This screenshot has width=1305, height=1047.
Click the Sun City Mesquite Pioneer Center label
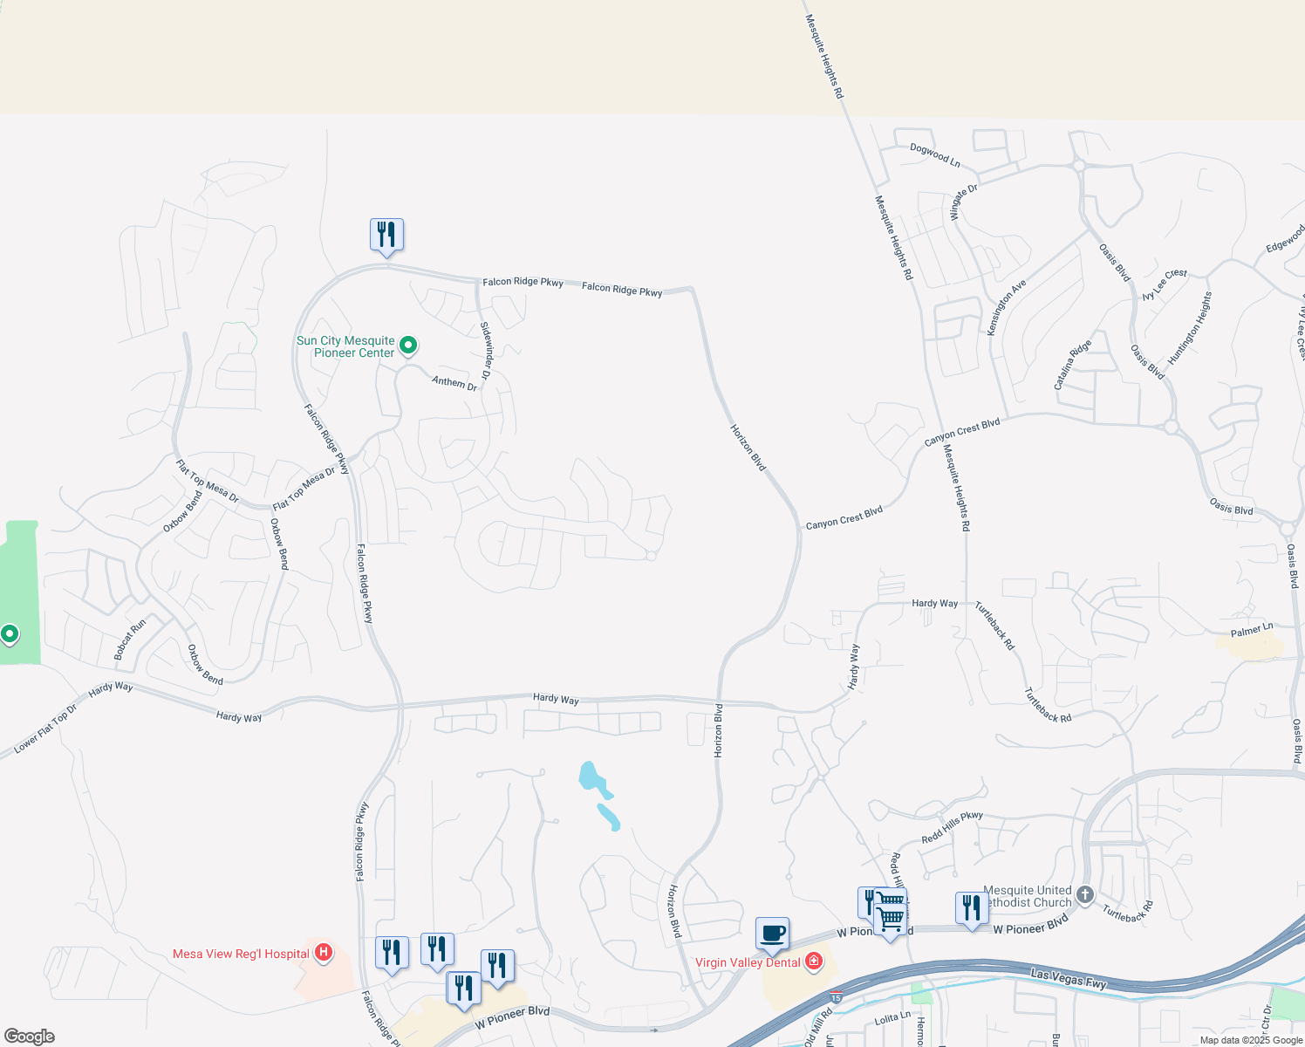point(345,347)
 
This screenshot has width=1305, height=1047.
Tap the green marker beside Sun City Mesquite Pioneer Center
point(407,346)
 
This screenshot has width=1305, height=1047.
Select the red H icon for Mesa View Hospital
point(324,952)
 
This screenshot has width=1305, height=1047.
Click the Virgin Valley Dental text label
point(748,962)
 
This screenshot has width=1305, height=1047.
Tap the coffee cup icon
point(773,934)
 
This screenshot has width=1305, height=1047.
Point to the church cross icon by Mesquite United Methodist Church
point(1085,895)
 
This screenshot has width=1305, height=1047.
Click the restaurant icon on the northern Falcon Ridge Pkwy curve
point(386,235)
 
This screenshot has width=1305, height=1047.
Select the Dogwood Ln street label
point(934,155)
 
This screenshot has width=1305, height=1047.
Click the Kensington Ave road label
point(1007,307)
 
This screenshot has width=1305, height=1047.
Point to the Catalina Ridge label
point(1072,365)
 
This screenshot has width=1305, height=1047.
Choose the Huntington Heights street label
point(1190,328)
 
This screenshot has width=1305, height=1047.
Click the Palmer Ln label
point(1252,630)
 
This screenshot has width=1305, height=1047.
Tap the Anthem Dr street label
point(454,382)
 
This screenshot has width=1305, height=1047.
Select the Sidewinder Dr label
point(487,350)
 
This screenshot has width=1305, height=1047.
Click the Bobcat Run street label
point(130,639)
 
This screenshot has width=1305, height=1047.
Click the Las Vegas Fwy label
point(1068,978)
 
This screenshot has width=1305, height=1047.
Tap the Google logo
point(30,1037)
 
